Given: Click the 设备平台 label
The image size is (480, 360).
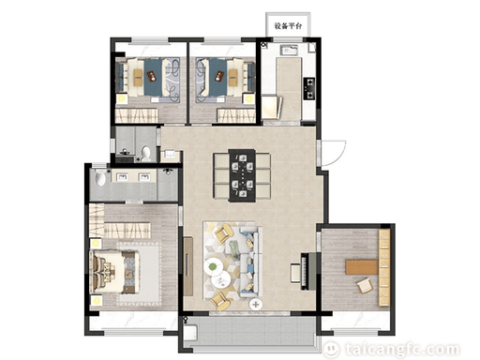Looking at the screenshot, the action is (x=288, y=26).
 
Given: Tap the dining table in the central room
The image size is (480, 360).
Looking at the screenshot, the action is (x=242, y=175).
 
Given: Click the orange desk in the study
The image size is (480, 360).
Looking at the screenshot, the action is (x=362, y=267).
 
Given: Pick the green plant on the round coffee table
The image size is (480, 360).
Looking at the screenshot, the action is (x=213, y=267).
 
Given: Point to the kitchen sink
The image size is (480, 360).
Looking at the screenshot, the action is (x=289, y=50).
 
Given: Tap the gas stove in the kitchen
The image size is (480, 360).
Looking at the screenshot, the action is (x=309, y=88).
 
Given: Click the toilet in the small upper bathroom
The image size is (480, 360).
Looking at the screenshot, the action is (x=145, y=154).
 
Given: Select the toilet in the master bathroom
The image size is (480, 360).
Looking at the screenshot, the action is (x=100, y=178).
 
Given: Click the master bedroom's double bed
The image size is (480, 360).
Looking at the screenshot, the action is (x=114, y=271).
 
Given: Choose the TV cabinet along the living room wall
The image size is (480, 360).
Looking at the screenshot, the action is (x=188, y=266).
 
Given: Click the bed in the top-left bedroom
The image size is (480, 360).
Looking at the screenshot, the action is (x=148, y=77).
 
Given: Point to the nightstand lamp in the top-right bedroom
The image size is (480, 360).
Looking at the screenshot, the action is (x=248, y=99).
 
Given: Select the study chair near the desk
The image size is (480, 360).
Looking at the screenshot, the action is (x=365, y=285).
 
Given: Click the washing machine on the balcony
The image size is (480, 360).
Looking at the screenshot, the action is (x=190, y=332).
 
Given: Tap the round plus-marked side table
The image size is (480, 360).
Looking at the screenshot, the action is (x=256, y=304).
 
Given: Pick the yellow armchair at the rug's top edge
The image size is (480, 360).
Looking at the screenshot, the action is (x=224, y=234).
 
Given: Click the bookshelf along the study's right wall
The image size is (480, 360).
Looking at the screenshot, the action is (x=384, y=268).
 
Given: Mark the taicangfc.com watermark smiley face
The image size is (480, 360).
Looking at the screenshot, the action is (x=331, y=350).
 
